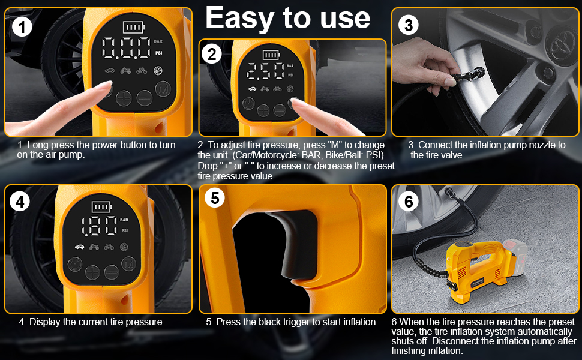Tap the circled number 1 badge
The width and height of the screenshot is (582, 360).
22,27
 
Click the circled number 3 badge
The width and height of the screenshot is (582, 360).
408,25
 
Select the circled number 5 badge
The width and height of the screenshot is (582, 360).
215,198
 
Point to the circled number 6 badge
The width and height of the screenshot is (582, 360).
409,202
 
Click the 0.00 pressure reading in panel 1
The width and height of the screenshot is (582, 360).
126,48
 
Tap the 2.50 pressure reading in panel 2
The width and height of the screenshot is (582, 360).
265,71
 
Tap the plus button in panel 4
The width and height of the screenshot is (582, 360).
92,272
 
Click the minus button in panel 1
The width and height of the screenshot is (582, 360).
144,98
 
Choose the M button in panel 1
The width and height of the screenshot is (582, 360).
163,89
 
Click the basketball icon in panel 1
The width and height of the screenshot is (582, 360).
158,70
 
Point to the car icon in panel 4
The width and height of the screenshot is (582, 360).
79,247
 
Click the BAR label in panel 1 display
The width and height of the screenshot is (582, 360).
158,41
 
